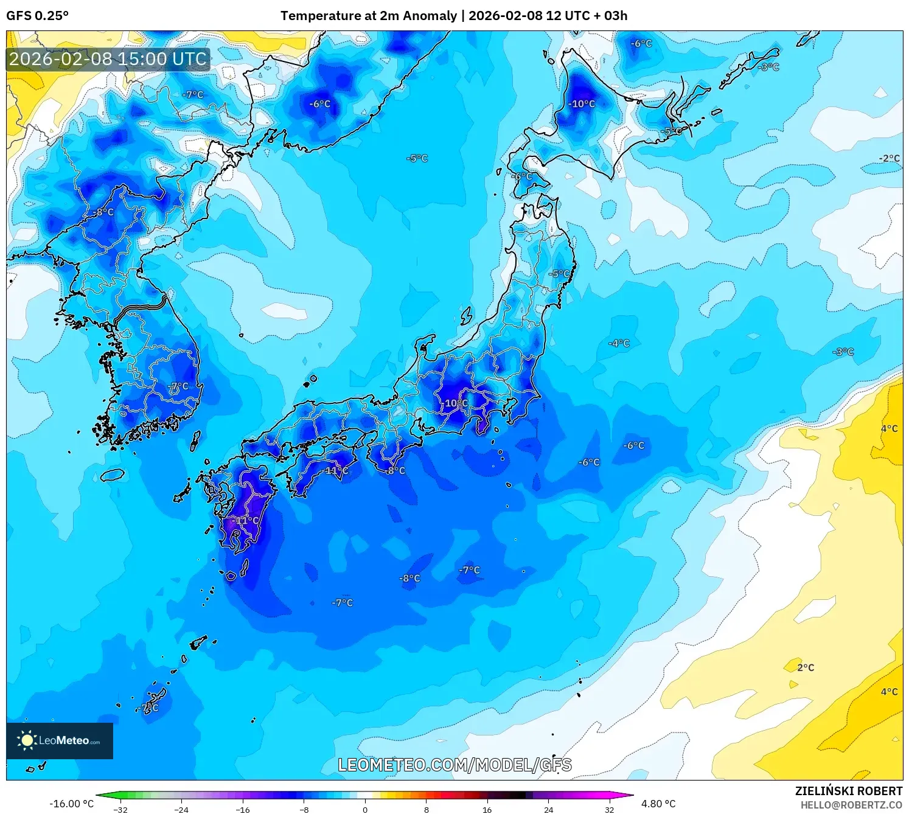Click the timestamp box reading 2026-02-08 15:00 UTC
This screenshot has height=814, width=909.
pos(108,60)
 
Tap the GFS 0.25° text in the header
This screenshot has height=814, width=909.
pos(38,16)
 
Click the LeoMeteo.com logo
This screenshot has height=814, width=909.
pos(60,740)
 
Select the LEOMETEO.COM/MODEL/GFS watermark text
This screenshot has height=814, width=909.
pos(454,765)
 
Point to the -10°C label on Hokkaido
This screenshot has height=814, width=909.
pos(582,104)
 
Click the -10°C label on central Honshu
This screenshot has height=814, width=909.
pos(456,403)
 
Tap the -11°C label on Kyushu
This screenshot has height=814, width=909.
pos(246,521)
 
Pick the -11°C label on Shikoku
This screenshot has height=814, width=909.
pos(336,471)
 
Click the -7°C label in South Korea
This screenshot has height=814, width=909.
pos(178,386)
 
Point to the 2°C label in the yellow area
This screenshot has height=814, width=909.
pos(806,667)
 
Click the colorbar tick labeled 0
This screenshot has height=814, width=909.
pos(365,809)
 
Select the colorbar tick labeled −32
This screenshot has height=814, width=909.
pos(120,809)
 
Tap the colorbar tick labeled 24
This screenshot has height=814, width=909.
pos(548,809)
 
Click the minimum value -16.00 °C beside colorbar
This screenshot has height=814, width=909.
pos(72,804)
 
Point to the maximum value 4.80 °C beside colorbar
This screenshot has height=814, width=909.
pos(658,804)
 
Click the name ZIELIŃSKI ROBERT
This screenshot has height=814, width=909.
pos(848,791)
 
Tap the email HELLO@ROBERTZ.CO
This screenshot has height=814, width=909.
pos(851,805)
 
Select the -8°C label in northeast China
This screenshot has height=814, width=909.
pos(104,212)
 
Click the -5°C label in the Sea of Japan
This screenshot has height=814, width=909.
pos(417,158)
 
